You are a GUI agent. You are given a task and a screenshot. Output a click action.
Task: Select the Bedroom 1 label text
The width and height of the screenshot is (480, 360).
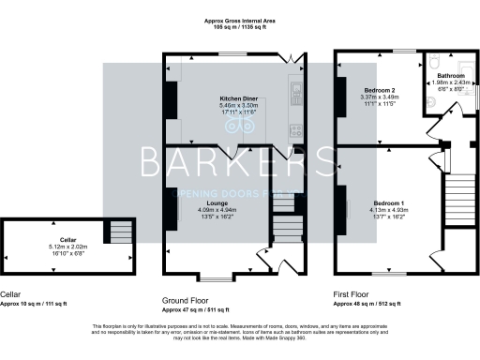click(389, 203)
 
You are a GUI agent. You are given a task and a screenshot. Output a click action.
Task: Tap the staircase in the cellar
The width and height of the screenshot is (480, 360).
click(119, 231)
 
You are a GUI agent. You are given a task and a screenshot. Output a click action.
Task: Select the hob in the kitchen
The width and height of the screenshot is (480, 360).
click(294, 129)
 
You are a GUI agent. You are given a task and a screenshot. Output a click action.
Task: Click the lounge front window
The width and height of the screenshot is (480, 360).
click(220, 277)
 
